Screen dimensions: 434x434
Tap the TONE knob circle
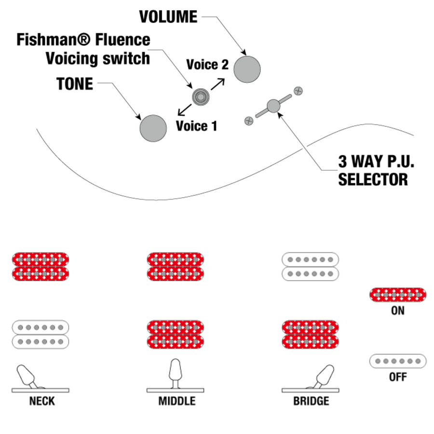[x=153, y=128]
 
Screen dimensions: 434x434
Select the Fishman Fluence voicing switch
[x=199, y=97]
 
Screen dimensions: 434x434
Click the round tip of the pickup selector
[x=273, y=106]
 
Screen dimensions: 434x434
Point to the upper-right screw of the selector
[x=298, y=90]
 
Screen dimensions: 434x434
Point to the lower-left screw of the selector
[x=249, y=120]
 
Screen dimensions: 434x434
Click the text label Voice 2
[x=207, y=65]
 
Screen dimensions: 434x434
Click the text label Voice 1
[x=196, y=126]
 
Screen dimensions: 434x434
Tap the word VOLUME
[x=168, y=17]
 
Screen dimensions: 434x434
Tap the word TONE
[x=75, y=84]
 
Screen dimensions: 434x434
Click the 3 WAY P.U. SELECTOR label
[x=376, y=171]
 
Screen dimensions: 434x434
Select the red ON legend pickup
[x=398, y=294]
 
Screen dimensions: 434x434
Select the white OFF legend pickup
[x=398, y=361]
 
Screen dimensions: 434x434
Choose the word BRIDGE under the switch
[x=311, y=401]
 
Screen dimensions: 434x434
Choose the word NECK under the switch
[x=42, y=401]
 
